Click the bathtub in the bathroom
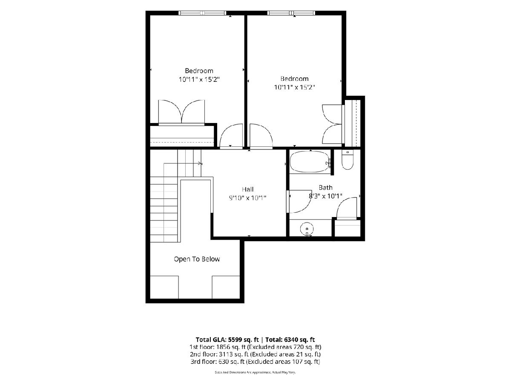pos(310,162)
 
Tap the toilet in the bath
pos(347,160)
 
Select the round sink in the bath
pos(307,229)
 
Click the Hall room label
pos(247,189)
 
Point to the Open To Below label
pos(197,259)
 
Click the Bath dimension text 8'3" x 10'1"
pos(325,196)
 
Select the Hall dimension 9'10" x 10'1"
pos(247,198)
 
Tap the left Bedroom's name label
pos(199,71)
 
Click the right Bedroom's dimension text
pos(295,87)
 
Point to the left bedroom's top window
pos(202,13)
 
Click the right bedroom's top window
pos(291,13)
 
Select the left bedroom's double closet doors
pos(181,111)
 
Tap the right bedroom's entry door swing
pos(261,136)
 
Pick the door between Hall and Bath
pos(299,201)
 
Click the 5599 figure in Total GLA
pos(237,340)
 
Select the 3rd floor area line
pos(255,362)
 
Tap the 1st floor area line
pos(255,347)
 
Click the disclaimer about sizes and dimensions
pos(255,372)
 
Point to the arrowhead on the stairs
pos(200,163)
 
